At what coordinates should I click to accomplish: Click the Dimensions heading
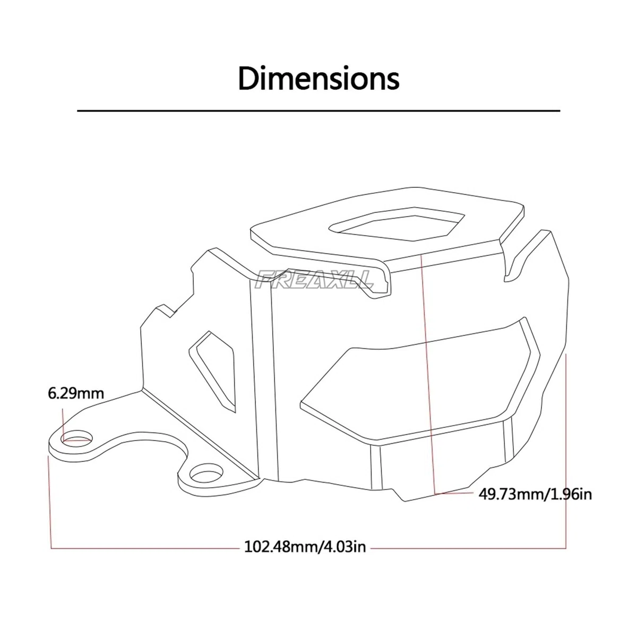coord(318,79)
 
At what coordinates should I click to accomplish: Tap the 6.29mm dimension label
coord(76,393)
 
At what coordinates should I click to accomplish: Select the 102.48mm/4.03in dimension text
coord(305,547)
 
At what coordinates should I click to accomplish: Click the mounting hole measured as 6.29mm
coord(76,438)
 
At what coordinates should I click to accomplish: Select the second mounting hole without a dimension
coord(207,476)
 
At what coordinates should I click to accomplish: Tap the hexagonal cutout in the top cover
coord(397,224)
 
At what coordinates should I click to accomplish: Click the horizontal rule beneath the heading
coord(318,111)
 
